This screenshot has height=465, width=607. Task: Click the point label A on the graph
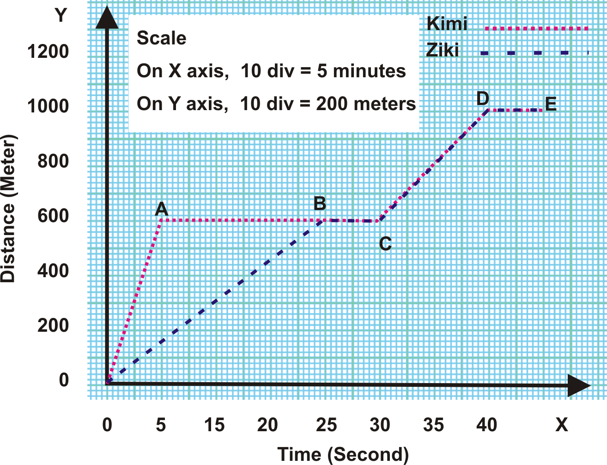161,209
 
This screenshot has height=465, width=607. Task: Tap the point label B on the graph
320,204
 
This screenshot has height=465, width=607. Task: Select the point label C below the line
385,244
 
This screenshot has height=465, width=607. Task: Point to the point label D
482,98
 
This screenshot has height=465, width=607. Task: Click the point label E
551,104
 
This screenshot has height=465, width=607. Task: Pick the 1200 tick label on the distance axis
48,51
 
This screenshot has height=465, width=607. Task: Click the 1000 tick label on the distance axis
48,106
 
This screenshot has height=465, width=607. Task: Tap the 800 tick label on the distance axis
53,161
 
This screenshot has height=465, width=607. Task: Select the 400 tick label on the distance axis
53,271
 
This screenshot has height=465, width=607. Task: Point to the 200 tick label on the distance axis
53,326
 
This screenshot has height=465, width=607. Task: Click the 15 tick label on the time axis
214,425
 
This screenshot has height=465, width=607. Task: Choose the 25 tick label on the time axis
326,425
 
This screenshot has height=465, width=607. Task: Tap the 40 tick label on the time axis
486,425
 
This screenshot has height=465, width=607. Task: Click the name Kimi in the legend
447,24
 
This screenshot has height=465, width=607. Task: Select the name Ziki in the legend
443,50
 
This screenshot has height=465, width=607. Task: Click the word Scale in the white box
161,38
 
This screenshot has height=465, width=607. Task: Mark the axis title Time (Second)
343,454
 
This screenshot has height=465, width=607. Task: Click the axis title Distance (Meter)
8,208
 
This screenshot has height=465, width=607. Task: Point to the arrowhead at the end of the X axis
578,385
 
